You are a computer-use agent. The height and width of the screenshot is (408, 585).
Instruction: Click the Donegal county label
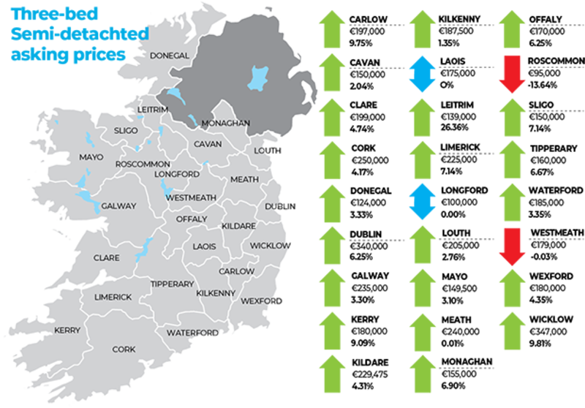point(169,56)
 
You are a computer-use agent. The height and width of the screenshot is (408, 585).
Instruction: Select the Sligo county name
point(125,131)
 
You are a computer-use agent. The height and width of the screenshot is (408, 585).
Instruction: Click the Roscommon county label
point(143,164)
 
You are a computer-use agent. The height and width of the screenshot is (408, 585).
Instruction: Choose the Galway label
point(118,206)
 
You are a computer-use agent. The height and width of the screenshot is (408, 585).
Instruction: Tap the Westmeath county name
point(191,197)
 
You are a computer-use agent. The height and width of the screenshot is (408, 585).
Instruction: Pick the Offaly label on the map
point(192,219)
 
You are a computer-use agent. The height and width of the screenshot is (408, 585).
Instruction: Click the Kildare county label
point(238,226)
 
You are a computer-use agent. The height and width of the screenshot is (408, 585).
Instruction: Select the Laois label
point(204,246)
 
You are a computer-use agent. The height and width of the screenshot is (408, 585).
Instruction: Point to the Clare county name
point(106,257)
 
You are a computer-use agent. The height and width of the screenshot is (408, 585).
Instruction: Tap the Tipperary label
point(172,284)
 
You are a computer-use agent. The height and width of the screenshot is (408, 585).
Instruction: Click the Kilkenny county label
point(216,293)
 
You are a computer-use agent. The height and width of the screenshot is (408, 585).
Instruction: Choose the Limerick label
point(113,297)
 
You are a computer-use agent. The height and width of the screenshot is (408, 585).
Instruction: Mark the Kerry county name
point(67,330)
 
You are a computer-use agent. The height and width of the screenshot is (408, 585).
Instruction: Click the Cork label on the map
point(124,350)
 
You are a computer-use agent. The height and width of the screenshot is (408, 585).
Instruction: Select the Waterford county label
point(193,333)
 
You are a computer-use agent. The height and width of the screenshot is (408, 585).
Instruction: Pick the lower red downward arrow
point(512,246)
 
